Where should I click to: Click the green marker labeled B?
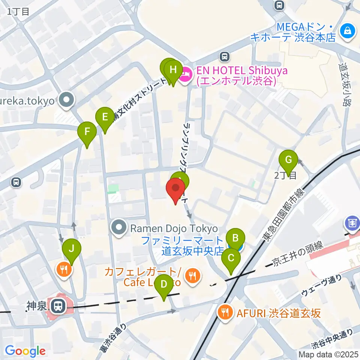coord(235,237)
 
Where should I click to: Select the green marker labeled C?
coord(231,258)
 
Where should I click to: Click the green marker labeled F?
coord(87,131)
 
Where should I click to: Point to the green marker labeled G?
coord(288,159)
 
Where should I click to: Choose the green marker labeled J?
coord(71,248)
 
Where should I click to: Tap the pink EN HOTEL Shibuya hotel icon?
coord(185,76)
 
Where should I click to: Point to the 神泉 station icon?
coord(58,306)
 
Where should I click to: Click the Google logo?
coord(25,351)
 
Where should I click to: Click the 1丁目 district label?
coord(18,11)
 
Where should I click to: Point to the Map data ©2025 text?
coord(329,354)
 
